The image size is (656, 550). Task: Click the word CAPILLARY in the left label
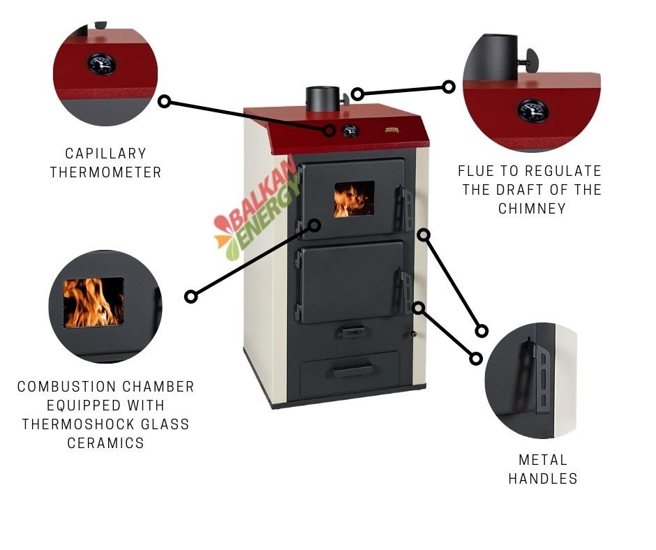[106, 154]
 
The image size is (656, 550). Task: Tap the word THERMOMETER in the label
[106, 172]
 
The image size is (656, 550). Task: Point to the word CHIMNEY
[532, 208]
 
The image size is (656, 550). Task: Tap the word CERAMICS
[106, 443]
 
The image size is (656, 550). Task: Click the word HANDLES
[543, 479]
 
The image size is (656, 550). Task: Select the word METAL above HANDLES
[543, 460]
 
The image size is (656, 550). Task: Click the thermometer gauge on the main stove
[350, 130]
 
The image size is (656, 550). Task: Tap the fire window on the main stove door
[354, 200]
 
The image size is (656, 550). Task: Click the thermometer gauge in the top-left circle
[101, 65]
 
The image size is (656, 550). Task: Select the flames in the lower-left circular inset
[94, 302]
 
